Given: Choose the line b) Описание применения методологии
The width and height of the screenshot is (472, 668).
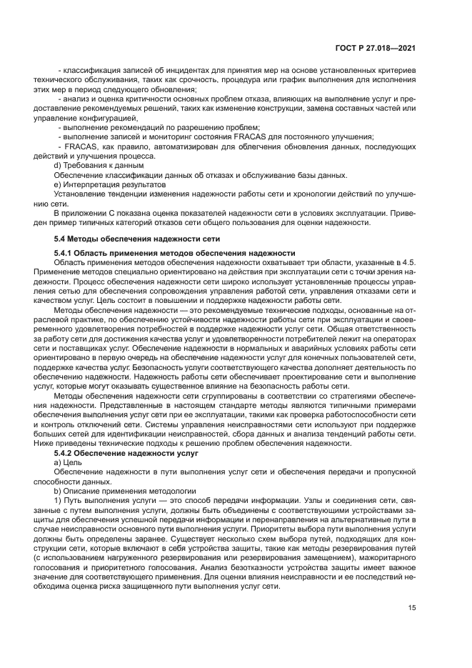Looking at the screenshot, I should (x=121, y=493).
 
